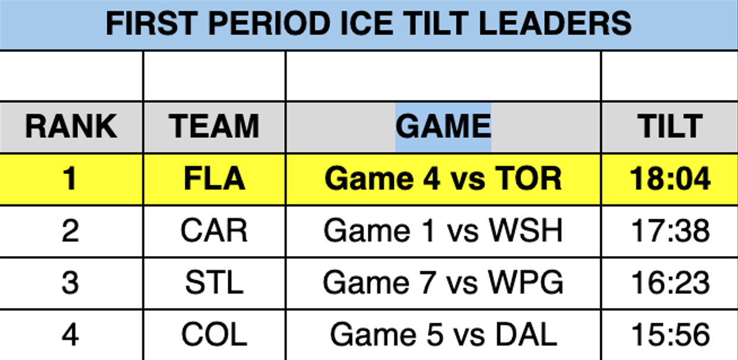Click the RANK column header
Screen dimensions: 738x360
tap(71, 126)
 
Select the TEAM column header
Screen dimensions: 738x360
tap(214, 126)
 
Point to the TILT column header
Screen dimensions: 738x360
tap(670, 126)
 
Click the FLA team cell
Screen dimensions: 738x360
tap(215, 179)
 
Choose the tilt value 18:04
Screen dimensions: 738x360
tap(670, 179)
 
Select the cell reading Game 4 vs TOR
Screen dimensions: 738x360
tap(443, 179)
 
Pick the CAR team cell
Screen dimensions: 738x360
tap(214, 231)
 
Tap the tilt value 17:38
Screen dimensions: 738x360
tap(670, 231)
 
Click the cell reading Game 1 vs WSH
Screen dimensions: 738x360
tap(443, 231)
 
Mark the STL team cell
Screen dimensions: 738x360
tap(214, 283)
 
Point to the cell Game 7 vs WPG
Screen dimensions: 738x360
tap(443, 283)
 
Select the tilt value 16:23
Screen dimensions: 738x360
tap(670, 283)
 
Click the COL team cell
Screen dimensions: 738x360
tap(214, 334)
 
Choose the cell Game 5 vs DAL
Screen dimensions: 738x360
tap(443, 334)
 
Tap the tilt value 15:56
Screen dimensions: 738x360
tap(670, 334)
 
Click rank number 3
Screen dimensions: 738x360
tap(70, 283)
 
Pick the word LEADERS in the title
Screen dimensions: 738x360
tap(555, 23)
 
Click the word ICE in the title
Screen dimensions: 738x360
tap(367, 23)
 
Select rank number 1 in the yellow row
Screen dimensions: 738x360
tap(70, 179)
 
